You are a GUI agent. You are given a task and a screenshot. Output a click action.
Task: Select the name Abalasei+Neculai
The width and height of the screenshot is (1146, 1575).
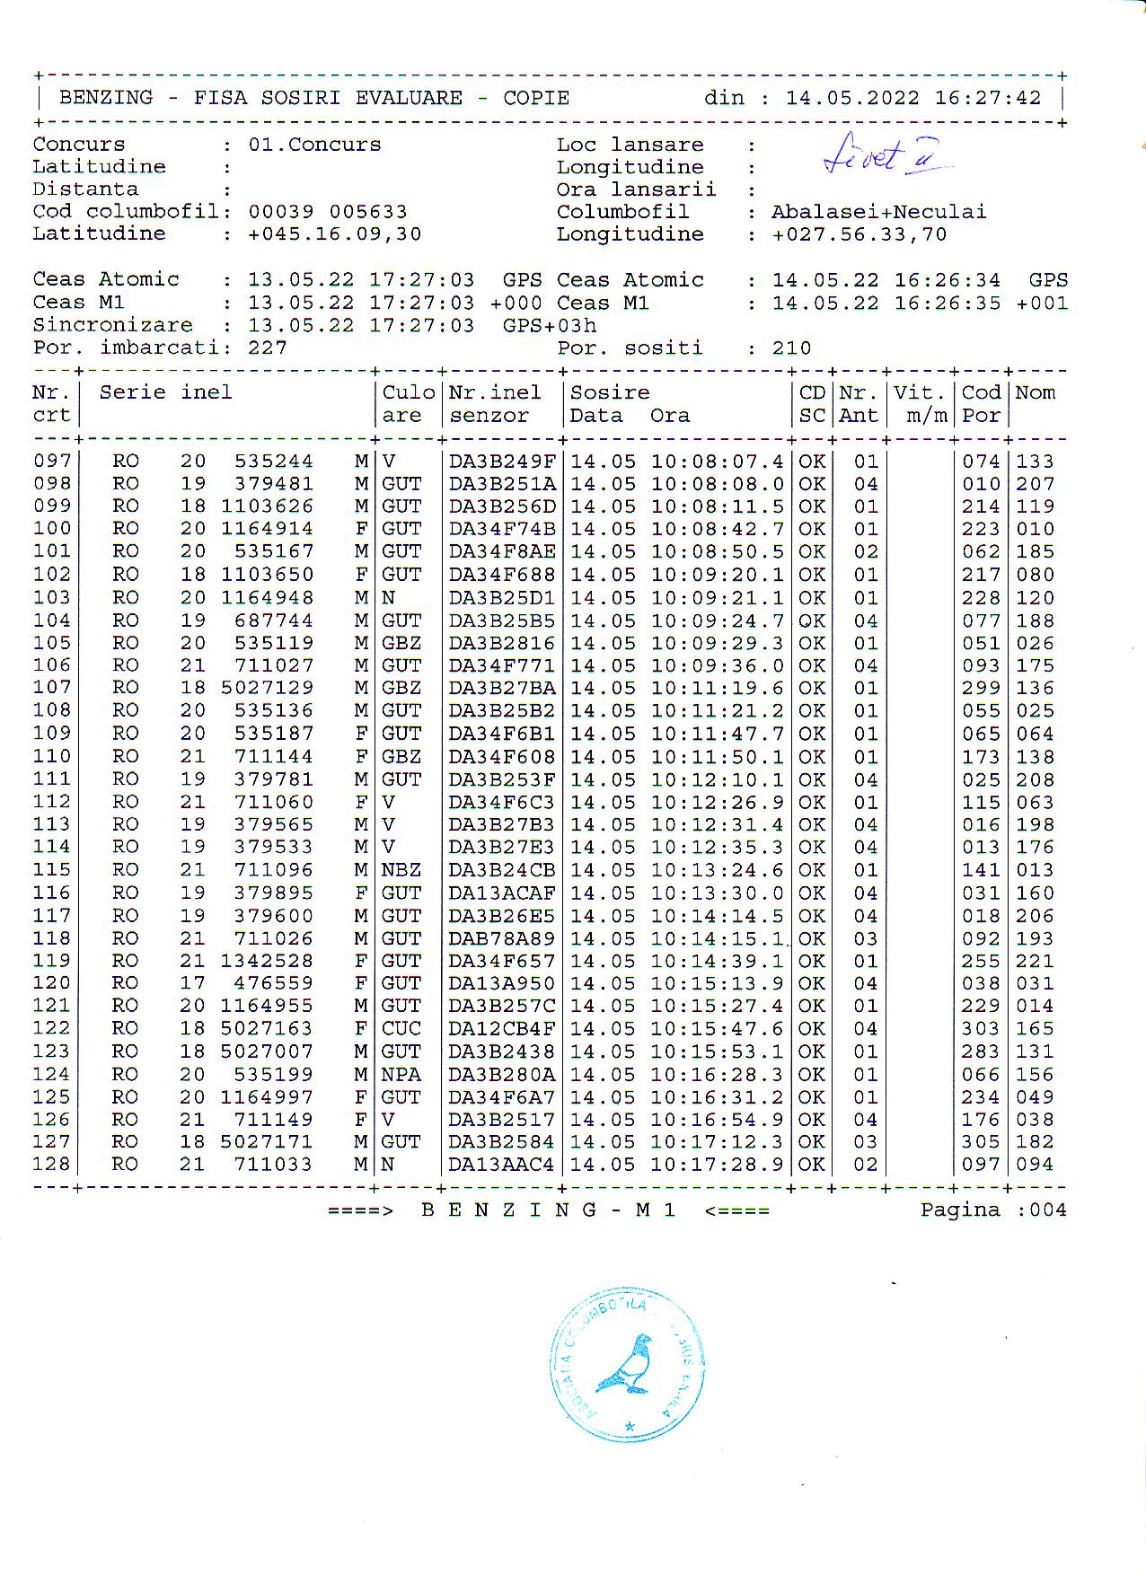coord(878,212)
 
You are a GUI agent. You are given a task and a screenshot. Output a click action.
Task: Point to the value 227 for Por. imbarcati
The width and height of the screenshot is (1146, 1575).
coord(268,348)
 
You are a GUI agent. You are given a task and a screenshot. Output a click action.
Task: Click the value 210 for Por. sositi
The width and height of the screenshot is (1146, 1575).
coord(791,348)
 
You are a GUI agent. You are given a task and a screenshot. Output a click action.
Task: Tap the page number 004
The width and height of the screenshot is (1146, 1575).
coord(1048,1210)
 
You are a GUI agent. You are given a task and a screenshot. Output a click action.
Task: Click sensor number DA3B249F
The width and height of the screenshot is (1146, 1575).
coord(502,462)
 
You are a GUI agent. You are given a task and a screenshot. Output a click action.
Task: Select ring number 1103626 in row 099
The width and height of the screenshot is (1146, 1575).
coord(268,506)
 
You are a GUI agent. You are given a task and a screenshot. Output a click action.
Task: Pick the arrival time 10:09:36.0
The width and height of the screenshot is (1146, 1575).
coord(717,665)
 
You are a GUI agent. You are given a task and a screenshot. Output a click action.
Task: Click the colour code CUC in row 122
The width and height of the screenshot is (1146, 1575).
coord(401,1028)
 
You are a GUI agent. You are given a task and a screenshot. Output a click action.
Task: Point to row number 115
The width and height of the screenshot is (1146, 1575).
coord(51,870)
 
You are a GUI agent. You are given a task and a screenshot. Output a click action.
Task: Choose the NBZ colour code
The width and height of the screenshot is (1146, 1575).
coord(401,870)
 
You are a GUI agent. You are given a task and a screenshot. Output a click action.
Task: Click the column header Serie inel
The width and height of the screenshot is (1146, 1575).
coord(165,392)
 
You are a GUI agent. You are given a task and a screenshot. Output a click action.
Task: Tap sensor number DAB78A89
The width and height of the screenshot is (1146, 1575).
coord(502,938)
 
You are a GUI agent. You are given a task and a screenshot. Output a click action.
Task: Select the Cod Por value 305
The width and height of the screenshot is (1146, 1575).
coord(981,1142)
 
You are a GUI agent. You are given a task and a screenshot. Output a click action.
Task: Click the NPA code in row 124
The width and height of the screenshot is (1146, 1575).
coord(401,1075)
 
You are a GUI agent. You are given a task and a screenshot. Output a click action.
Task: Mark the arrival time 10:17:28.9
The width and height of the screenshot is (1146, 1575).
coord(717,1165)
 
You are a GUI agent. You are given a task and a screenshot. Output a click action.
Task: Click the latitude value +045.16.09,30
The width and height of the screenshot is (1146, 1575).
coord(334,234)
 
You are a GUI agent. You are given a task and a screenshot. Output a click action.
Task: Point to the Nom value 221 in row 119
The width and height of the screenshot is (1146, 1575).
coord(1035,961)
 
